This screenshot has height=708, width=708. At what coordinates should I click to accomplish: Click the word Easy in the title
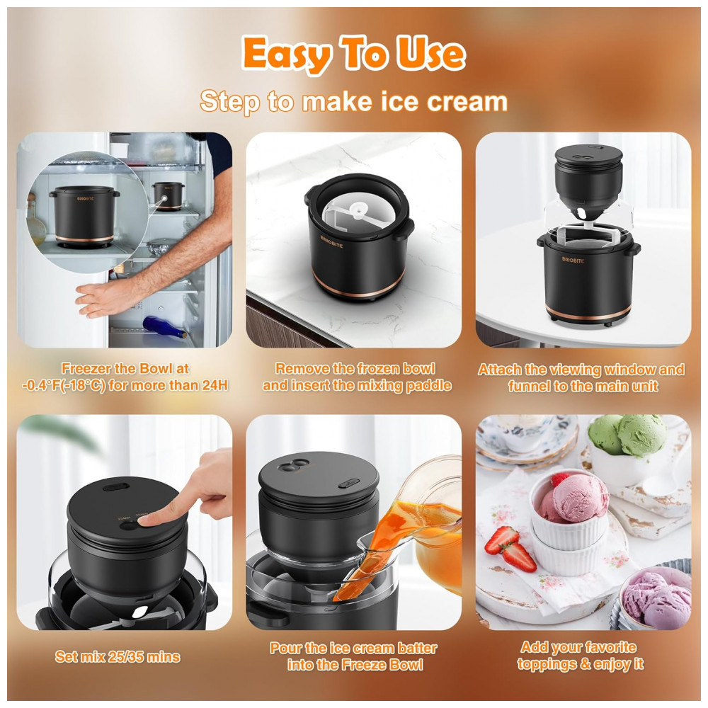pos(287,55)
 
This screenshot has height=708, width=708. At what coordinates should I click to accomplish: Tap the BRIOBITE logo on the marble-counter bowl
pos(332,241)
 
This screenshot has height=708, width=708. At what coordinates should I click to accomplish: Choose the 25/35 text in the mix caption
pos(128,656)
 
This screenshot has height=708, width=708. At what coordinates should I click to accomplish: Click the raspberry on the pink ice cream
pos(559,479)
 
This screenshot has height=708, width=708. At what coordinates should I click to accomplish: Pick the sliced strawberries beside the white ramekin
pos(510,549)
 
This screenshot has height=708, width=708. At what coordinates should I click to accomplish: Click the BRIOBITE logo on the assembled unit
pos(573,260)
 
